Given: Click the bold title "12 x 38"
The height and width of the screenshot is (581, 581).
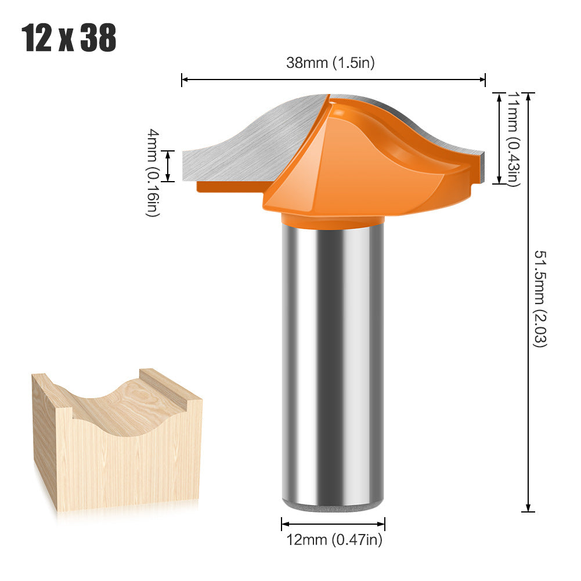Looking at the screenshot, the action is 69,38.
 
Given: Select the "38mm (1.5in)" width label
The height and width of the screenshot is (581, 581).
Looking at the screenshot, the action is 330,63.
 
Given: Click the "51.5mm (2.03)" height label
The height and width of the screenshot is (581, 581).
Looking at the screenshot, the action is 540,298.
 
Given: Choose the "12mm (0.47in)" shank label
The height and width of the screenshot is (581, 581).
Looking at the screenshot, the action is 334,540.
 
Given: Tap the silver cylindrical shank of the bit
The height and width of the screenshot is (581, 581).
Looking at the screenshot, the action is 333,365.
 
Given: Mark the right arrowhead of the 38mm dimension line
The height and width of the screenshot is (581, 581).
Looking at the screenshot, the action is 482,80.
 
